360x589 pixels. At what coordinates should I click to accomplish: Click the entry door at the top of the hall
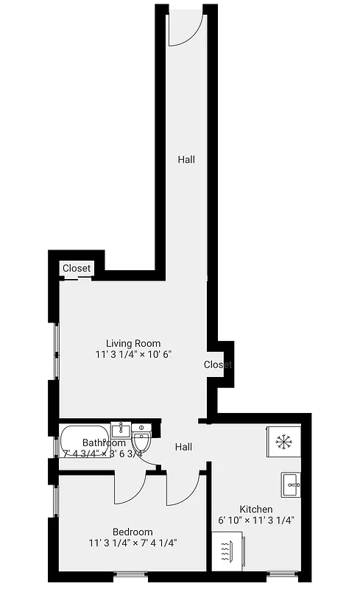point(186,27)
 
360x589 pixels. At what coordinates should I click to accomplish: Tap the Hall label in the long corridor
point(186,158)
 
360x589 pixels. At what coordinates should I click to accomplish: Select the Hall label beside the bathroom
point(183,447)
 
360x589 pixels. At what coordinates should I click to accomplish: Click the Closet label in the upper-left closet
point(77,269)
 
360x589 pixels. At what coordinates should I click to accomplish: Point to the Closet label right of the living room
point(218,364)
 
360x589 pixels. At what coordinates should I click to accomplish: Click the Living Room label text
point(133,343)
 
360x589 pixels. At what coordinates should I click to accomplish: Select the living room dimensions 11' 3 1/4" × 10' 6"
point(133,355)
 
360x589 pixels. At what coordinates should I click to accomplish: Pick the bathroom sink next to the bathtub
point(121,429)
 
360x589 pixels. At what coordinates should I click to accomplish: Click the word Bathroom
point(104,443)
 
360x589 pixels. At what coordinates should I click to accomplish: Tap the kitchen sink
point(291,484)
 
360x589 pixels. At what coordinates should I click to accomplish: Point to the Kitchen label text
point(256,509)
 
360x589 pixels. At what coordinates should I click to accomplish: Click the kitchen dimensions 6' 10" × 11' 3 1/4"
point(256,521)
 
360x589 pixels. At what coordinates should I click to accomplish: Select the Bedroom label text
point(133,532)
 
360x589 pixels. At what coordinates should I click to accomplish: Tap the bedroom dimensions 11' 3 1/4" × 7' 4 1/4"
point(133,543)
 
